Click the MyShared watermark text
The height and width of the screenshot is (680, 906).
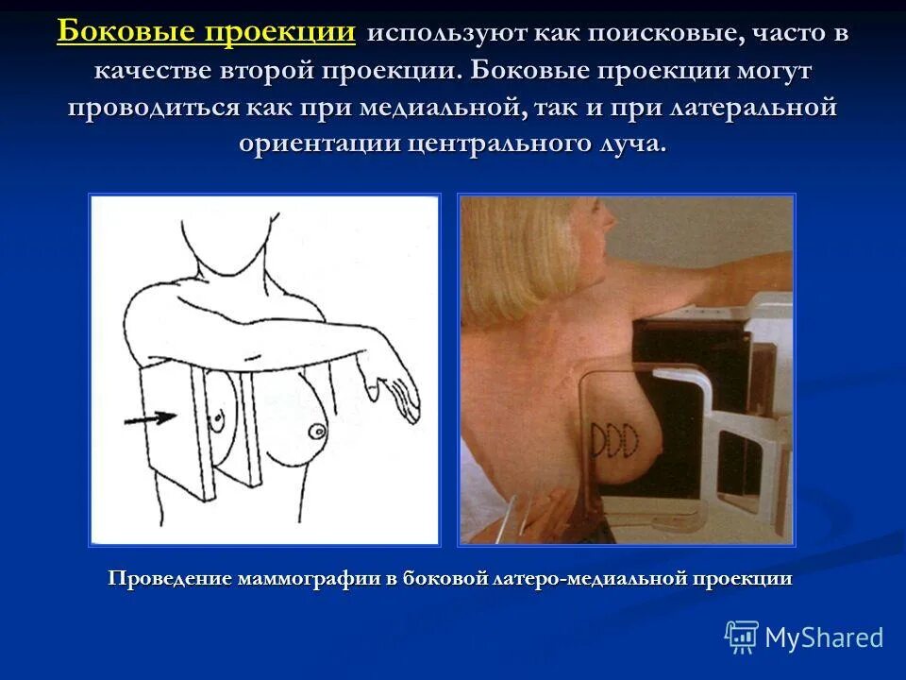point(823,637)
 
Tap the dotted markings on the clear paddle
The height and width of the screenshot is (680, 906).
point(612,436)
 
